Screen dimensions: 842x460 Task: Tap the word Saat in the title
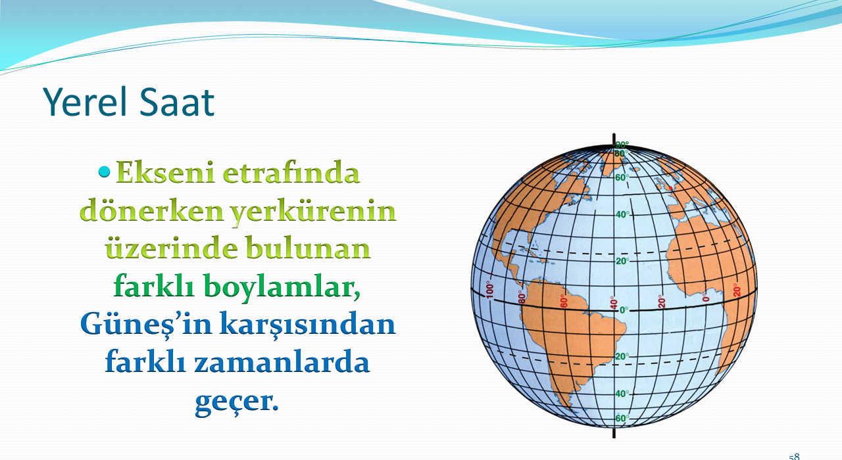pyautogui.click(x=177, y=102)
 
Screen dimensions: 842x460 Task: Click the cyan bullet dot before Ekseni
pyautogui.click(x=104, y=172)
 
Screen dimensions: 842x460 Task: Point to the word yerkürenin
pyautogui.click(x=313, y=212)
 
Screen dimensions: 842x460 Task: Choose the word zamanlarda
pyautogui.click(x=282, y=361)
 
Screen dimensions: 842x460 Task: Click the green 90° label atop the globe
pyautogui.click(x=622, y=145)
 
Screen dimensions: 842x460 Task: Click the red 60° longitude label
pyautogui.click(x=564, y=301)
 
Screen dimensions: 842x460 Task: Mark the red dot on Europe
pyautogui.click(x=670, y=188)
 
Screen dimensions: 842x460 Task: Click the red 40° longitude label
pyautogui.click(x=614, y=303)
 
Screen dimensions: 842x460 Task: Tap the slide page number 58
pyautogui.click(x=794, y=457)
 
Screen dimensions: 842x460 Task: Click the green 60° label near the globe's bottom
pyautogui.click(x=622, y=419)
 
